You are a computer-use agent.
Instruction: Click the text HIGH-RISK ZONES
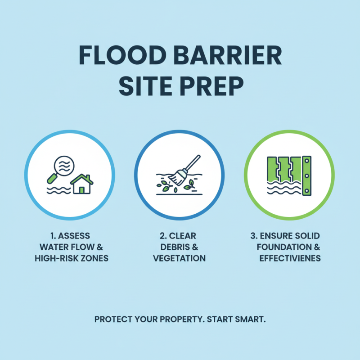72,258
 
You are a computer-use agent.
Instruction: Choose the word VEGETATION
180,258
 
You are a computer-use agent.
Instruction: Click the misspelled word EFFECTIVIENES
290,258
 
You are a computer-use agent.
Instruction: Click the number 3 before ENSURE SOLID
253,236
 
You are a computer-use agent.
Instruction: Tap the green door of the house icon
82,189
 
